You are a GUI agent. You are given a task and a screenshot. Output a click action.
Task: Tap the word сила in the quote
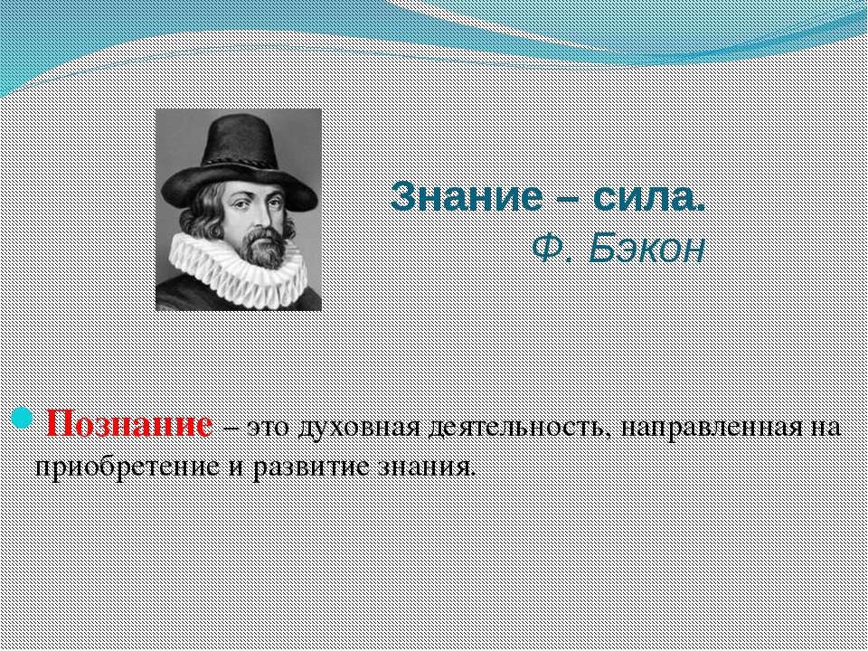[x=649, y=196]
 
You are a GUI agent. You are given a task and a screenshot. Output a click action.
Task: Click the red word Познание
[x=129, y=425]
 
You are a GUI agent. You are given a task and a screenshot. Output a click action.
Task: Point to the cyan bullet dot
[x=22, y=418]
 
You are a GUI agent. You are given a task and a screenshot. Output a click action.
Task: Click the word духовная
[x=359, y=428]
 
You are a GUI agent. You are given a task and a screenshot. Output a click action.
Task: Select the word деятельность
[x=518, y=428]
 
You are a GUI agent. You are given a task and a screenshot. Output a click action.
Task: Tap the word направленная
[x=711, y=429]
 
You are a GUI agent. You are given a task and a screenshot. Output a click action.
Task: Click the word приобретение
[x=127, y=467]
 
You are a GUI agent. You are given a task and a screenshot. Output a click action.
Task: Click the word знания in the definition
[x=427, y=467]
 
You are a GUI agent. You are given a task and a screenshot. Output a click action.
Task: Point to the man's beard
[x=264, y=248]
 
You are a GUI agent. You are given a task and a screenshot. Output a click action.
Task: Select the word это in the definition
[x=268, y=429]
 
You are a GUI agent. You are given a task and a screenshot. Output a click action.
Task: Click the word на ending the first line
[x=824, y=429]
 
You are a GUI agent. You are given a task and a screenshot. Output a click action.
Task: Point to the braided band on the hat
[x=239, y=161]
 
